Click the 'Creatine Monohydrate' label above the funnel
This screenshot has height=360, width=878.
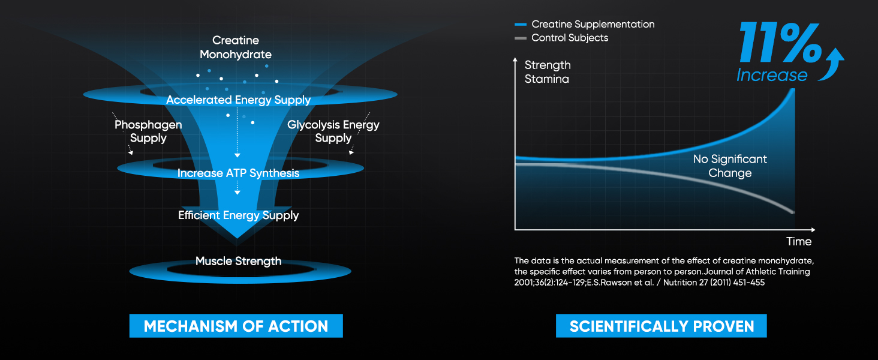point(236,47)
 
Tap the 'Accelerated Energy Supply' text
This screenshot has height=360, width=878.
point(238,100)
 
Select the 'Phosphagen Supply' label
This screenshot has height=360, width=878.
point(148,131)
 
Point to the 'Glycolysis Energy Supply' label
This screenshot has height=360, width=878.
point(333,131)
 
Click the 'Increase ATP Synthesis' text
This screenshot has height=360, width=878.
point(238,173)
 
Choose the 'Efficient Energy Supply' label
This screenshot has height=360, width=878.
point(238,215)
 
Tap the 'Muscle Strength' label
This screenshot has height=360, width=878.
point(238,261)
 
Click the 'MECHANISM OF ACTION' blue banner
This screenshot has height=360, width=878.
point(236,326)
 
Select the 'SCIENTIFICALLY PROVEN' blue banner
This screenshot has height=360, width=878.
point(661,326)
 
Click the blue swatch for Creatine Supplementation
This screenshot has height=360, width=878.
point(521,25)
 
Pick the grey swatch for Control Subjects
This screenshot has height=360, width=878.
point(521,38)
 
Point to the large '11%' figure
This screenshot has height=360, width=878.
point(780,43)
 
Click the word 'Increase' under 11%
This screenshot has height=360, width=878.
point(772,74)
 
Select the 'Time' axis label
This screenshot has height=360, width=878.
point(798,242)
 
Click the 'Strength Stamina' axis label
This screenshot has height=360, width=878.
point(548,72)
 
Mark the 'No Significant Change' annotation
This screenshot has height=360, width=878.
point(730,166)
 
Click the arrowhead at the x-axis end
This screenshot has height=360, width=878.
point(813,230)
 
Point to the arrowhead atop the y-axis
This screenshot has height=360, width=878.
point(515,59)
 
